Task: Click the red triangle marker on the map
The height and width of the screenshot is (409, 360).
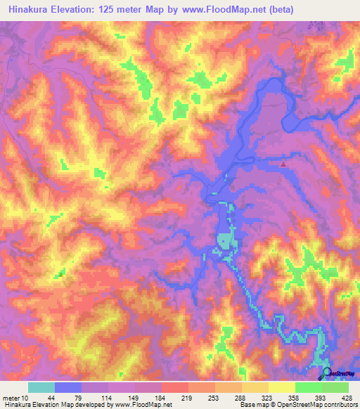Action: coord(283,164)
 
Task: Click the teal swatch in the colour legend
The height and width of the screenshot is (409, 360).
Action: coord(41,388)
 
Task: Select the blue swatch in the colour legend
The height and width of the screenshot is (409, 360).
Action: coord(68,388)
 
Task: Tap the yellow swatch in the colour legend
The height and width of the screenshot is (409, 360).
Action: coord(282,388)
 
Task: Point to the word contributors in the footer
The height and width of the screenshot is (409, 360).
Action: coord(339,405)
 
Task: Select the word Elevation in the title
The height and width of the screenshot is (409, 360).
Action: coord(77,10)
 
